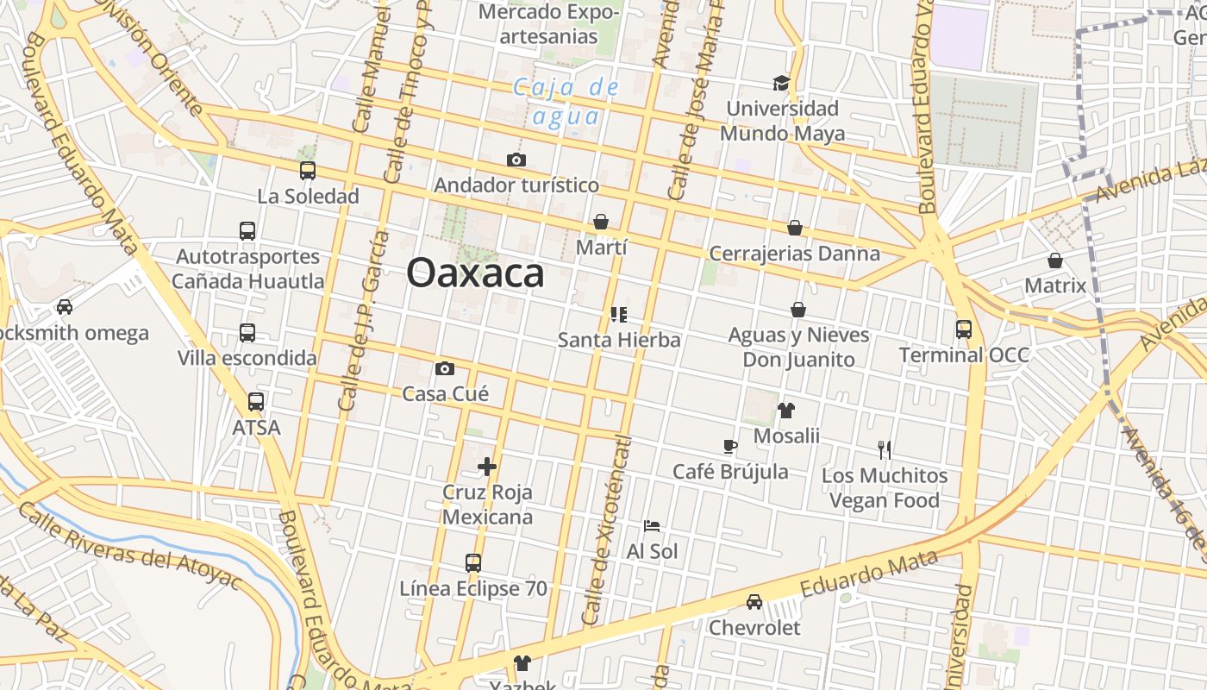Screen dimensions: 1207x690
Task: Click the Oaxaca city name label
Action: pyautogui.click(x=475, y=274)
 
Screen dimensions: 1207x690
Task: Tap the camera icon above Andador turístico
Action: pyautogui.click(x=516, y=160)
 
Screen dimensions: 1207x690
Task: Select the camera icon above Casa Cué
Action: pyautogui.click(x=445, y=369)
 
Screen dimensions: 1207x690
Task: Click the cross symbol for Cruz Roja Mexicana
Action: pyautogui.click(x=487, y=467)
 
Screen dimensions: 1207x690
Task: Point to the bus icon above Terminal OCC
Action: pyautogui.click(x=964, y=329)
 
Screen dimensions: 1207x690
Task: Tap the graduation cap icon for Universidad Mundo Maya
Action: pyautogui.click(x=781, y=83)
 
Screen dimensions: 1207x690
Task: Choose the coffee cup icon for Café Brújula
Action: pyautogui.click(x=730, y=446)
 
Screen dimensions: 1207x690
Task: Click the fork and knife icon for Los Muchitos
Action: pyautogui.click(x=884, y=449)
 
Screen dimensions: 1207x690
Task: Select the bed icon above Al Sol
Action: pyautogui.click(x=652, y=525)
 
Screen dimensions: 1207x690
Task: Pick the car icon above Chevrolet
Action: pyautogui.click(x=754, y=601)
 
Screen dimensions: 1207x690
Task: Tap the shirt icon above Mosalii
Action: pyautogui.click(x=786, y=410)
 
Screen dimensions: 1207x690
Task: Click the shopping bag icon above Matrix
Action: pyautogui.click(x=1055, y=260)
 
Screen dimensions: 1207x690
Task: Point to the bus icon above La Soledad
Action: pyautogui.click(x=308, y=171)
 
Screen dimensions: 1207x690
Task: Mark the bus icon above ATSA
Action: pyautogui.click(x=256, y=401)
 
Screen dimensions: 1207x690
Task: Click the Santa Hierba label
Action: pyautogui.click(x=619, y=340)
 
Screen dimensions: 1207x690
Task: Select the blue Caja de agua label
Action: pyautogui.click(x=566, y=102)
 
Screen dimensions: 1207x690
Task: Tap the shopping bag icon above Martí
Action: pyautogui.click(x=601, y=222)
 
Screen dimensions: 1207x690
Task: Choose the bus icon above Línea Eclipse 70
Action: pyautogui.click(x=473, y=563)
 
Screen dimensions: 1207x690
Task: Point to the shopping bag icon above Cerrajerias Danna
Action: pyautogui.click(x=795, y=228)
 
